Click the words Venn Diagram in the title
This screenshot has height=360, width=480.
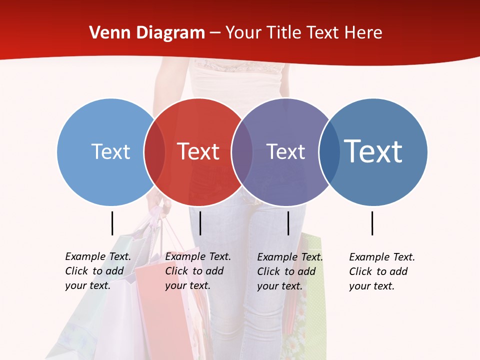pyautogui.click(x=147, y=33)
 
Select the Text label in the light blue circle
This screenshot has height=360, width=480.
pyautogui.click(x=110, y=151)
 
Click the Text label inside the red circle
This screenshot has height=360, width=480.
pyautogui.click(x=198, y=151)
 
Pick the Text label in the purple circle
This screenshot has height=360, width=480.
pyautogui.click(x=285, y=151)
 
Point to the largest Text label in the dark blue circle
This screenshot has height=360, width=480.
pyautogui.click(x=373, y=151)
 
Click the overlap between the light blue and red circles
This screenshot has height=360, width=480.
pyautogui.click(x=154, y=151)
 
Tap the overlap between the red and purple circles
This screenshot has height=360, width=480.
pyautogui.click(x=242, y=151)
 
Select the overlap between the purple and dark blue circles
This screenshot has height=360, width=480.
pyautogui.click(x=329, y=151)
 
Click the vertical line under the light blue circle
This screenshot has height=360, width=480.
pyautogui.click(x=112, y=223)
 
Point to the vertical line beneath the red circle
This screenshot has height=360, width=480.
pyautogui.click(x=200, y=223)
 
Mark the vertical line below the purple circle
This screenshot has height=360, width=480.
pyautogui.click(x=288, y=223)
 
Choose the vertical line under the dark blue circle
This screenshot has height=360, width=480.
pyautogui.click(x=372, y=223)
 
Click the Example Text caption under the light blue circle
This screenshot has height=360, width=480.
pyautogui.click(x=98, y=271)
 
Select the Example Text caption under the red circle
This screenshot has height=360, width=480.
pyautogui.click(x=198, y=271)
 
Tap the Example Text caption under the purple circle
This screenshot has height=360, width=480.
pyautogui.click(x=290, y=271)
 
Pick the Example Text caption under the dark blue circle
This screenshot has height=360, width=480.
pyautogui.click(x=382, y=271)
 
